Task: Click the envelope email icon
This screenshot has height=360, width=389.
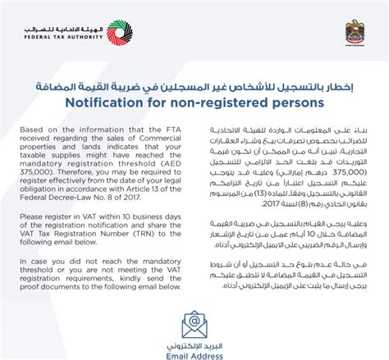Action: click(194, 323)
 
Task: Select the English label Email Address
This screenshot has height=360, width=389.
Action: click(194, 354)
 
